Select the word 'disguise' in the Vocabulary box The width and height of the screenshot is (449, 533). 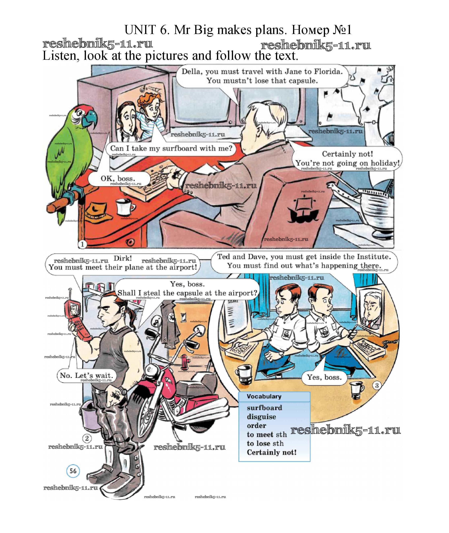(261, 417)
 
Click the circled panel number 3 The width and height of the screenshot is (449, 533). (377, 386)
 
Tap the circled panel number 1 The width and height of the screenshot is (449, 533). (82, 244)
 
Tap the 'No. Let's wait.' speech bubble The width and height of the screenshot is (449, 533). (86, 375)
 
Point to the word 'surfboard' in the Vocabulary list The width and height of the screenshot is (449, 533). (264, 408)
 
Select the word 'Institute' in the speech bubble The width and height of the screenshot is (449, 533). (373, 257)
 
